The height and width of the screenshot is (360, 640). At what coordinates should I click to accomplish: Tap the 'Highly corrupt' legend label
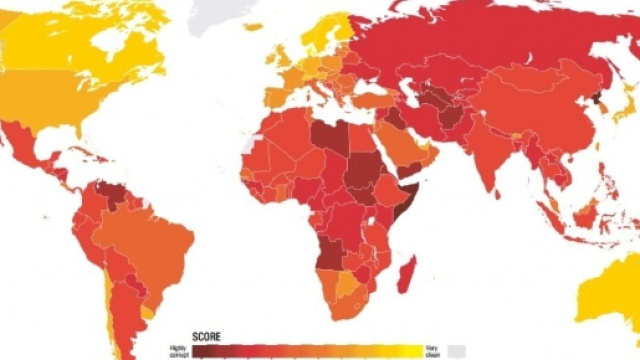tap(178, 349)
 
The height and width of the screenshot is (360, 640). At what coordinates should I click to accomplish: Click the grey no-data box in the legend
tap(457, 350)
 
